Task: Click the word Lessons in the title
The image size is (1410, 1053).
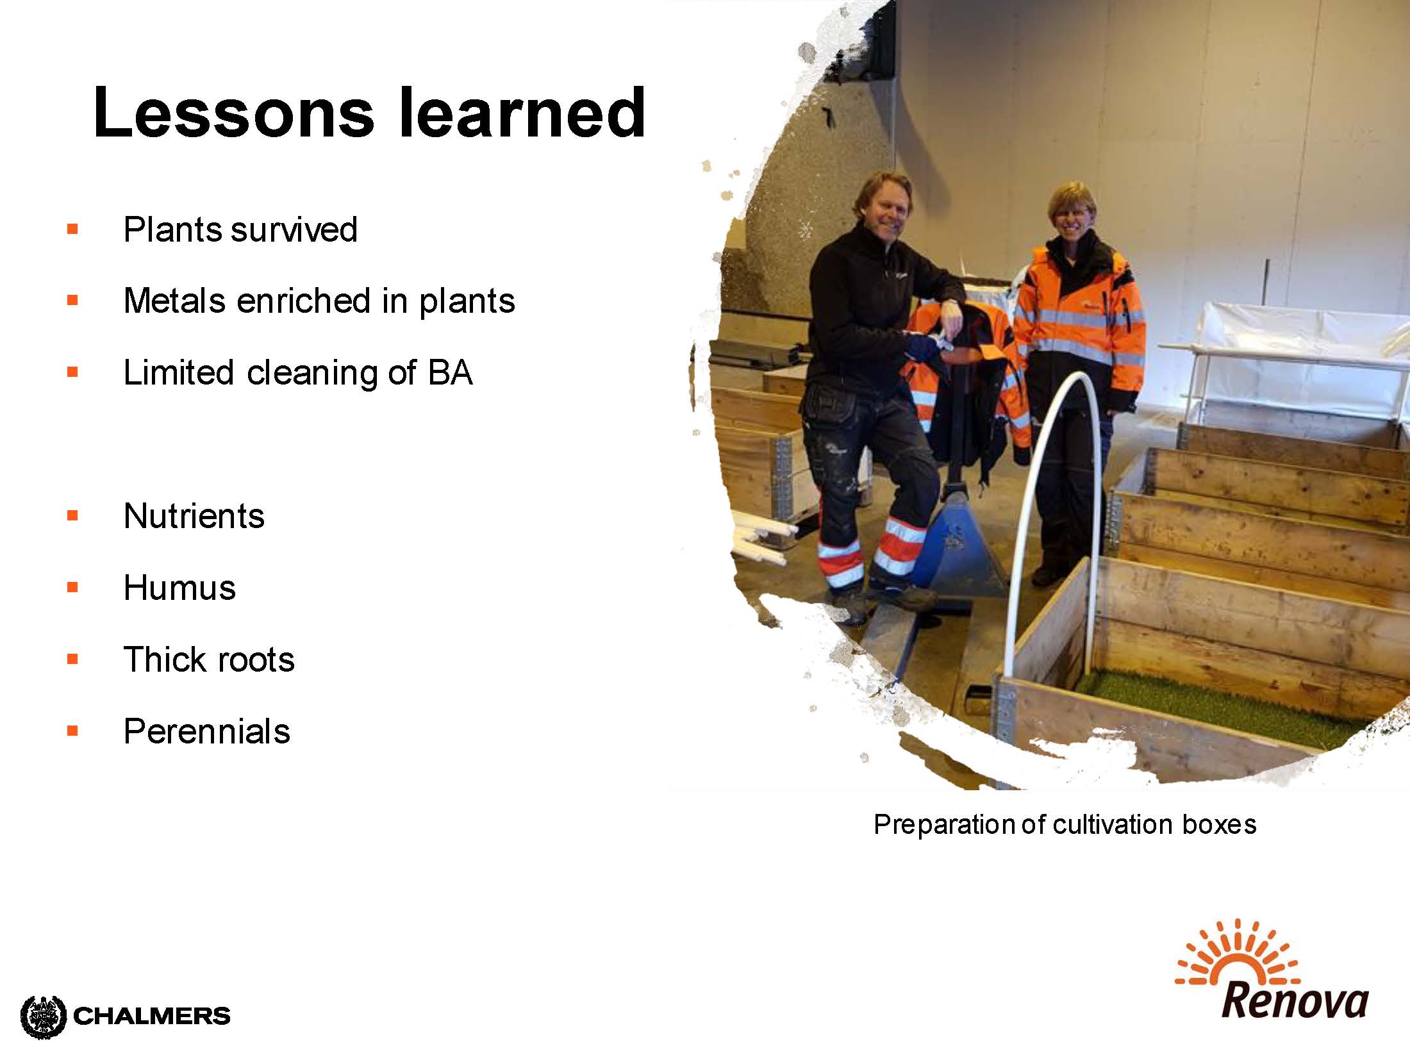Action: [234, 112]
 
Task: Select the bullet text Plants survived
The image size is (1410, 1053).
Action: [240, 229]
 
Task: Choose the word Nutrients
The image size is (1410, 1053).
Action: [194, 516]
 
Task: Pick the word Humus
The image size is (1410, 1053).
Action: [180, 588]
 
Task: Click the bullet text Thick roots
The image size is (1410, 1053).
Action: [209, 659]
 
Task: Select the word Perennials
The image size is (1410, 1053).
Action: [207, 731]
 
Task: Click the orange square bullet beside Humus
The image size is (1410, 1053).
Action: [72, 587]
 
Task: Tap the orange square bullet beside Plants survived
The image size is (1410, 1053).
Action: [72, 229]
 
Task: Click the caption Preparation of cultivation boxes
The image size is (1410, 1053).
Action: [1065, 825]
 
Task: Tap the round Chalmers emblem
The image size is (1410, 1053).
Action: [44, 1016]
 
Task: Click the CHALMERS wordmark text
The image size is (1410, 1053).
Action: [152, 1016]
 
